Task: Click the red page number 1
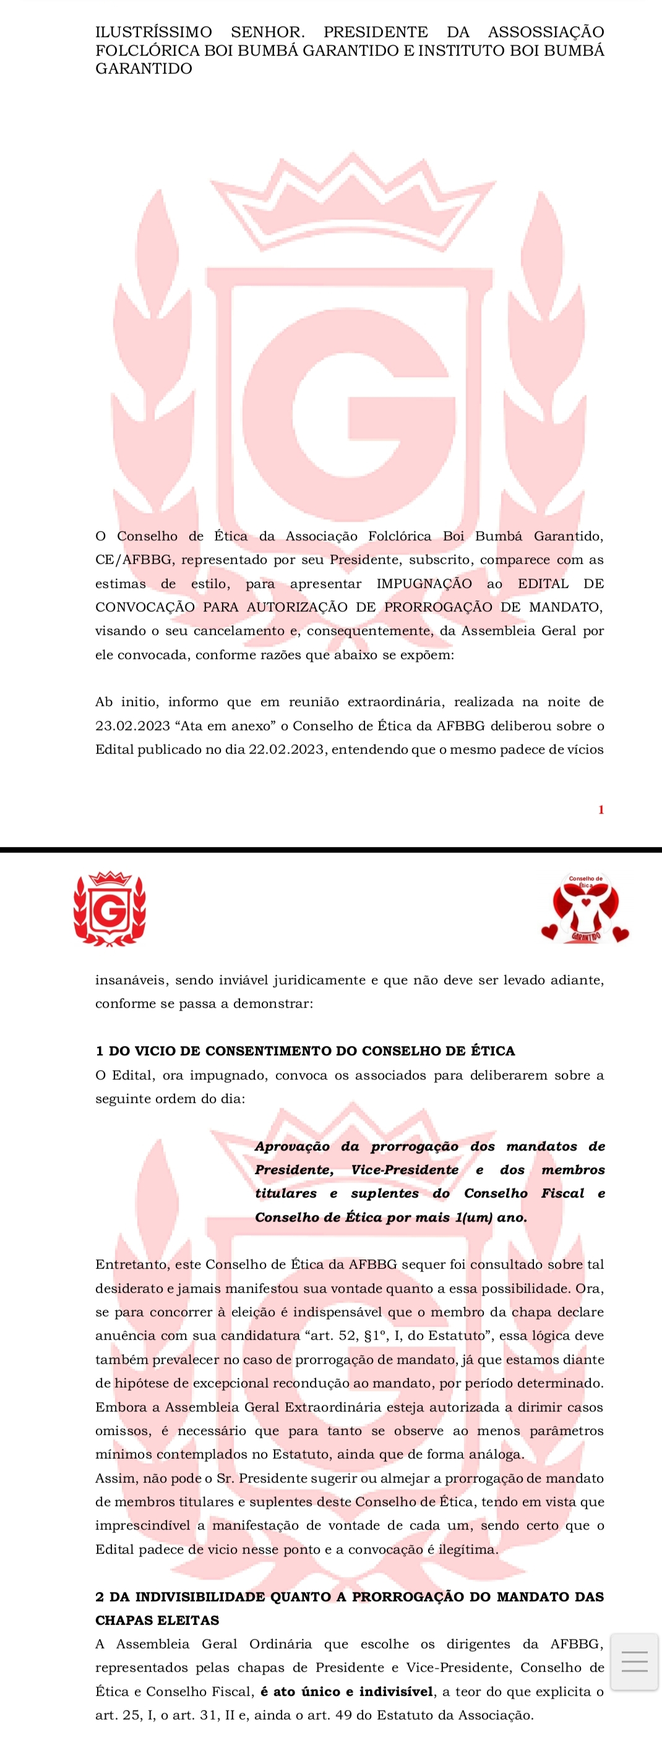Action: tap(601, 810)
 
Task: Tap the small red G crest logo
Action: tap(110, 908)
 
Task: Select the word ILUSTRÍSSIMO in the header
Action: tap(153, 32)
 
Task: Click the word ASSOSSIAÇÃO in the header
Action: tap(546, 32)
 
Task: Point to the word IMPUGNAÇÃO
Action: tap(424, 583)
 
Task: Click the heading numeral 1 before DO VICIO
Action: tap(100, 1051)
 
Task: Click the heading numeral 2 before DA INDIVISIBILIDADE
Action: tap(100, 1596)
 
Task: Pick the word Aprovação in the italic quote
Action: tap(292, 1146)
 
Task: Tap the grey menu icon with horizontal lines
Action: tap(634, 1661)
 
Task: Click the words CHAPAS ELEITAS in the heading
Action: tap(157, 1620)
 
